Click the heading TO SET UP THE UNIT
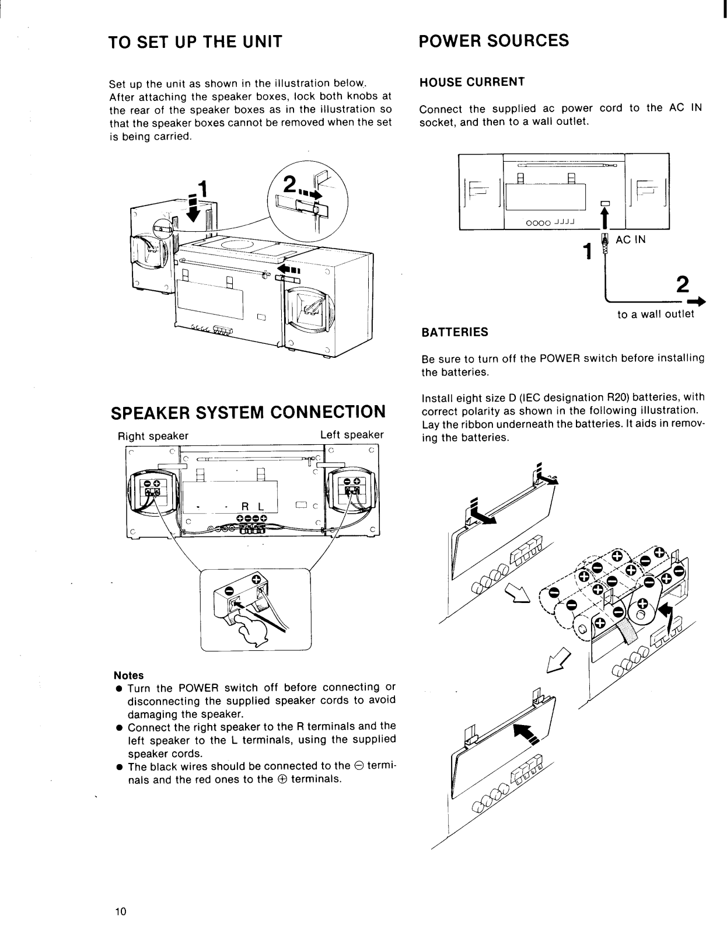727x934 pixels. point(195,42)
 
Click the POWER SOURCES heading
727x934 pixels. point(494,40)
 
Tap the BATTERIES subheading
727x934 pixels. point(455,332)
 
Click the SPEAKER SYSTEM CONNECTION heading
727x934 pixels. point(248,412)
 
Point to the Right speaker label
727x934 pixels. point(153,436)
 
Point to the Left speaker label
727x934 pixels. point(352,435)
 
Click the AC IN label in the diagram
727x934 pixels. point(631,239)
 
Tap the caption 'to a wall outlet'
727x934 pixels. point(656,314)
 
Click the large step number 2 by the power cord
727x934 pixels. point(681,285)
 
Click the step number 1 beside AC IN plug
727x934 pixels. point(589,251)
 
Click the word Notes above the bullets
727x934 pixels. point(129,675)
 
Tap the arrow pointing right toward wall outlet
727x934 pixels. point(695,302)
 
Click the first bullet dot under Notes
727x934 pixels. point(118,689)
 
